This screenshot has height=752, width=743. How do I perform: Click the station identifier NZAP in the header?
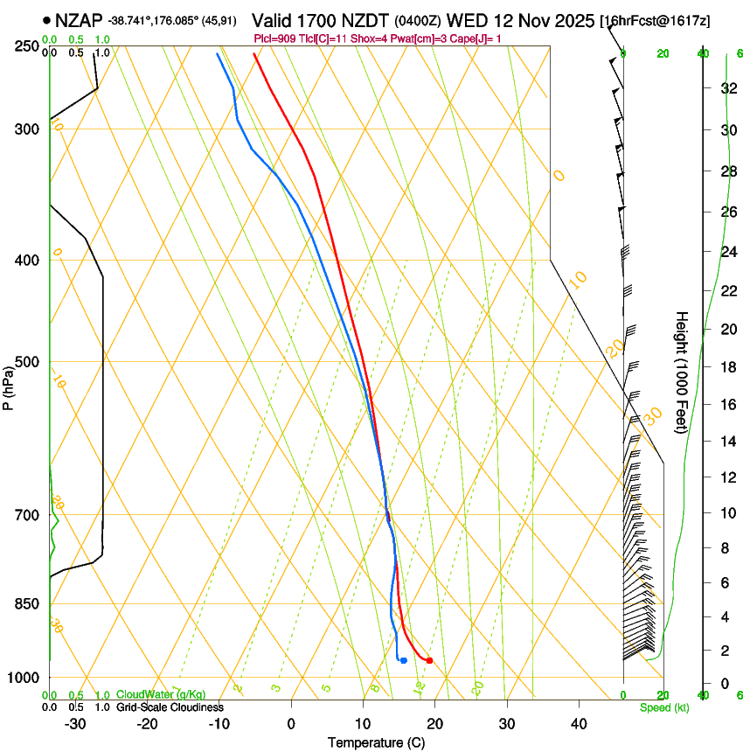point(79,19)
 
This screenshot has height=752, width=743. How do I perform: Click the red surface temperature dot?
point(429,660)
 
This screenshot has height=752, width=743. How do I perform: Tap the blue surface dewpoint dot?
point(404,660)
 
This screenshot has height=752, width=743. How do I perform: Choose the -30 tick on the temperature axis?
point(75,724)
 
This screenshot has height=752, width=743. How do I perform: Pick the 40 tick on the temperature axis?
point(578,724)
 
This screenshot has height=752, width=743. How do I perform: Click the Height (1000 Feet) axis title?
point(682,373)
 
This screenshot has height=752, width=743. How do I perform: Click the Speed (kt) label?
point(663,707)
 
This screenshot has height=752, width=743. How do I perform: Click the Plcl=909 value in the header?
point(274,38)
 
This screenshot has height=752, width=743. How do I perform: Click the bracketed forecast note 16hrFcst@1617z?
point(667,20)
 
